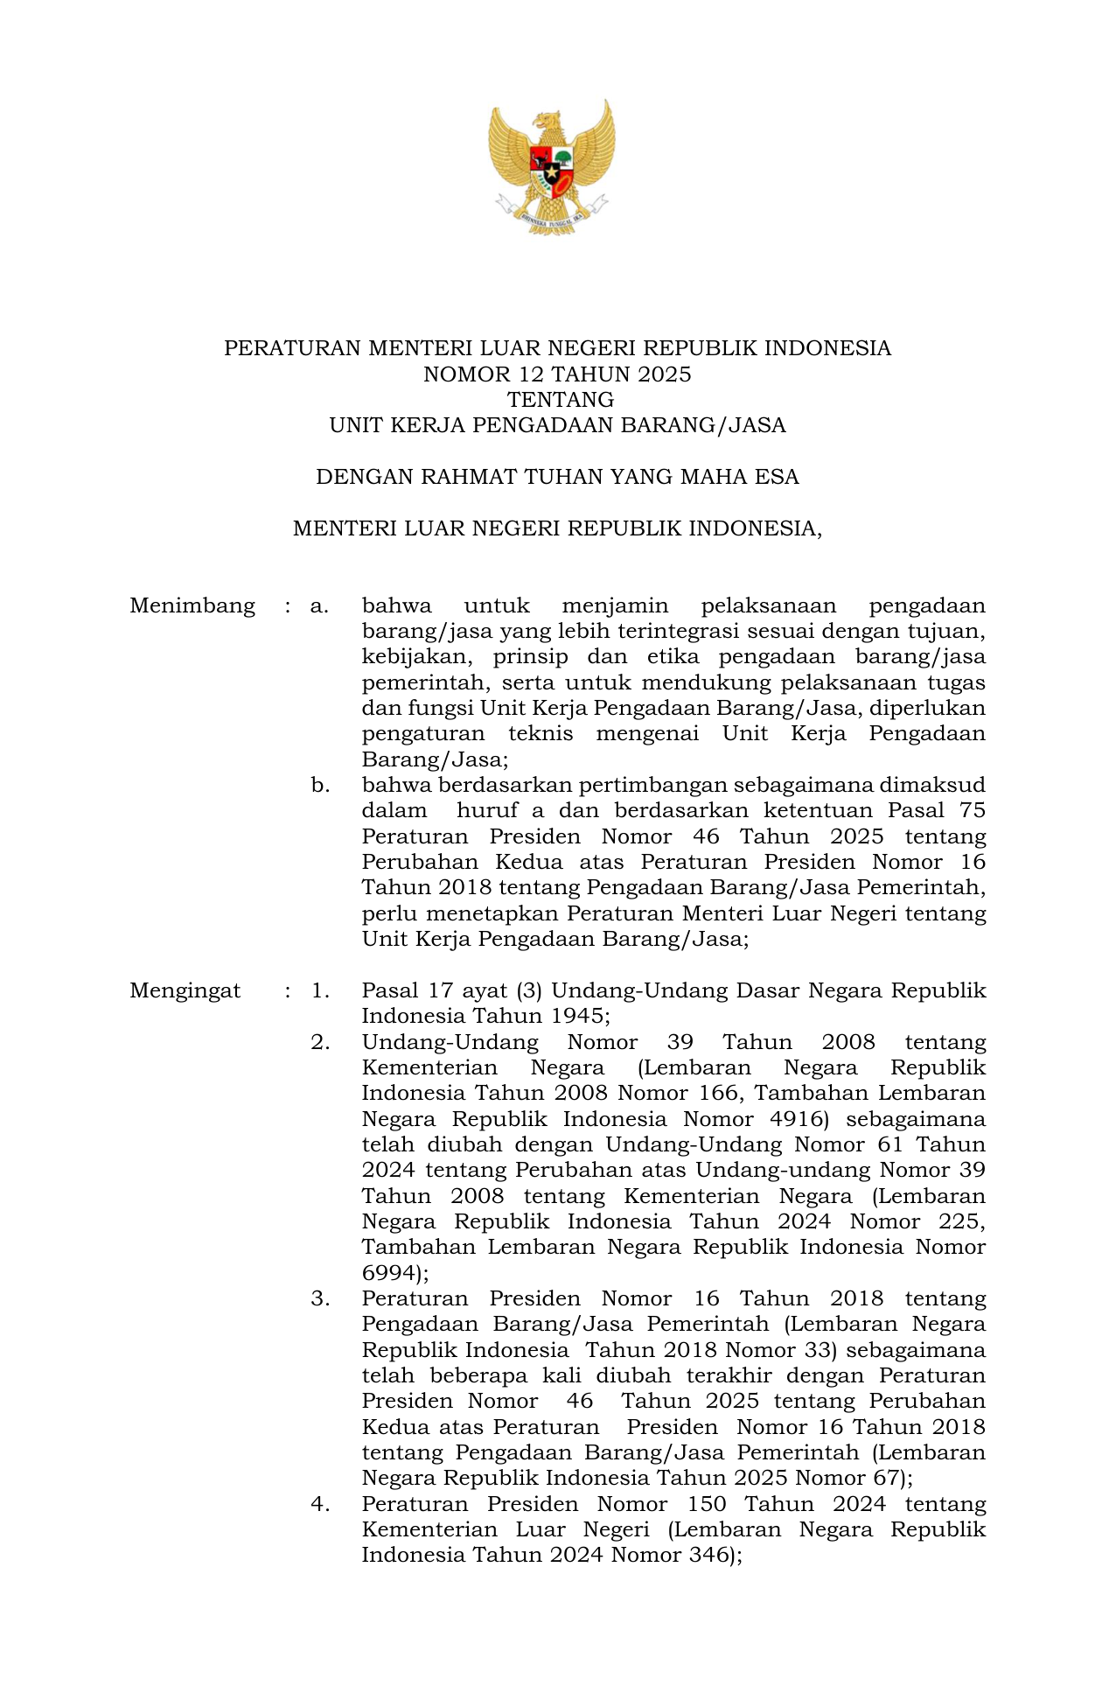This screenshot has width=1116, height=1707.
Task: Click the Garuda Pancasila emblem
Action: (x=553, y=166)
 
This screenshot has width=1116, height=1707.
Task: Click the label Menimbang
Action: (x=192, y=605)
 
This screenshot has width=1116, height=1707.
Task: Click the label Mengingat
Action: (x=185, y=990)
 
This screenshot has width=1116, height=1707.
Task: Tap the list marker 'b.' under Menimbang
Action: (x=320, y=785)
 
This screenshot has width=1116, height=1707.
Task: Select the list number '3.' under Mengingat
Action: (x=320, y=1298)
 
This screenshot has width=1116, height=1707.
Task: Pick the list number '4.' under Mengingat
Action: (x=320, y=1504)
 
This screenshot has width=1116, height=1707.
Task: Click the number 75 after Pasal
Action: (x=972, y=810)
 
